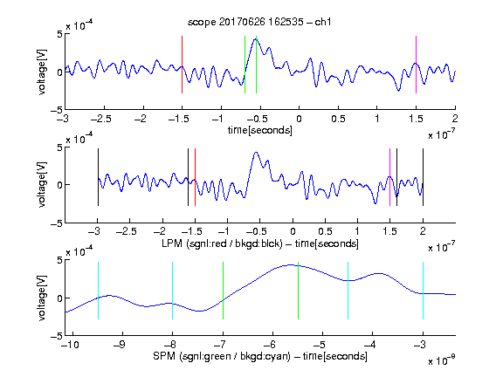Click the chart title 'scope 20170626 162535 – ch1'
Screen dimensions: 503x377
(259, 22)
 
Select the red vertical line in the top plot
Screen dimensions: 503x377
(182, 65)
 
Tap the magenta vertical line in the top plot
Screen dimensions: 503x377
(416, 65)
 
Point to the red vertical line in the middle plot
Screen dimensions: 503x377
(195, 177)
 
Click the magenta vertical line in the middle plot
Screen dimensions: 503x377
(389, 177)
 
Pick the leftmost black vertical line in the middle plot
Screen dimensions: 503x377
(98, 177)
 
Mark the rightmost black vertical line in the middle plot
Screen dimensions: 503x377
(423, 177)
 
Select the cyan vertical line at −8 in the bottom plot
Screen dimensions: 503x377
(172, 291)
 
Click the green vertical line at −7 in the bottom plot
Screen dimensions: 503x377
(223, 291)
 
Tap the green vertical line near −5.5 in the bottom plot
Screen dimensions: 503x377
(298, 291)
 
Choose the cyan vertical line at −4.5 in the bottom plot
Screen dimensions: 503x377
(348, 291)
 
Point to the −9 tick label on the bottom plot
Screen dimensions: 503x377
(120, 345)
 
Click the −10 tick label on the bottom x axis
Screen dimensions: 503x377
(70, 345)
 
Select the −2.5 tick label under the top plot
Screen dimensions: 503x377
(101, 119)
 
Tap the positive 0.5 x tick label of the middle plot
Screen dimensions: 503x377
(325, 231)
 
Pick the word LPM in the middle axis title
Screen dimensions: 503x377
(172, 243)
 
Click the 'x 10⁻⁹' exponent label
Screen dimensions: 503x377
(441, 360)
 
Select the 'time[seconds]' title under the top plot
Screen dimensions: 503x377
(260, 130)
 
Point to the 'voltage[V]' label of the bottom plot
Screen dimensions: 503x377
(42, 298)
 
